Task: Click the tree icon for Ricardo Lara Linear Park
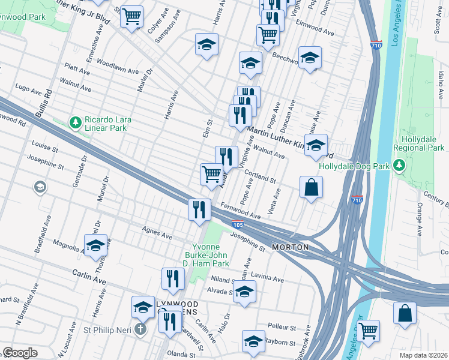75,123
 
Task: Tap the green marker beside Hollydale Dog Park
397,166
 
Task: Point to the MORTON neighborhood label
291,247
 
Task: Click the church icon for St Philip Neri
140,329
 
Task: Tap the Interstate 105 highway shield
238,225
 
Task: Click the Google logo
20,353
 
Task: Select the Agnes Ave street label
152,229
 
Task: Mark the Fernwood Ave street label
240,211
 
